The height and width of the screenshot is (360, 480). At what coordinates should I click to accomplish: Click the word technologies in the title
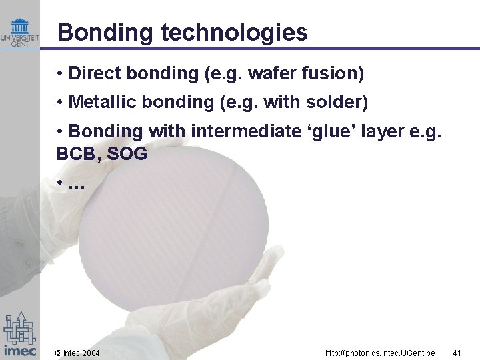tap(230, 33)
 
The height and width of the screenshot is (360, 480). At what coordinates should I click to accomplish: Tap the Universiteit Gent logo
tap(20, 33)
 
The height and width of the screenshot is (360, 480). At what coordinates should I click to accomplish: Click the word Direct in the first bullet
tap(93, 73)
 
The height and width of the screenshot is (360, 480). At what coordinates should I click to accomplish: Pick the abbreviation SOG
tap(127, 154)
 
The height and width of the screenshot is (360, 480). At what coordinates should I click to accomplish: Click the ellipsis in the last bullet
tap(76, 184)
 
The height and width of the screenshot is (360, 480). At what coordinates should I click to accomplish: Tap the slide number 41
tap(457, 352)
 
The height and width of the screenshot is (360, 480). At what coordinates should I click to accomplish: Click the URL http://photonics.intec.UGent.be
tap(380, 352)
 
